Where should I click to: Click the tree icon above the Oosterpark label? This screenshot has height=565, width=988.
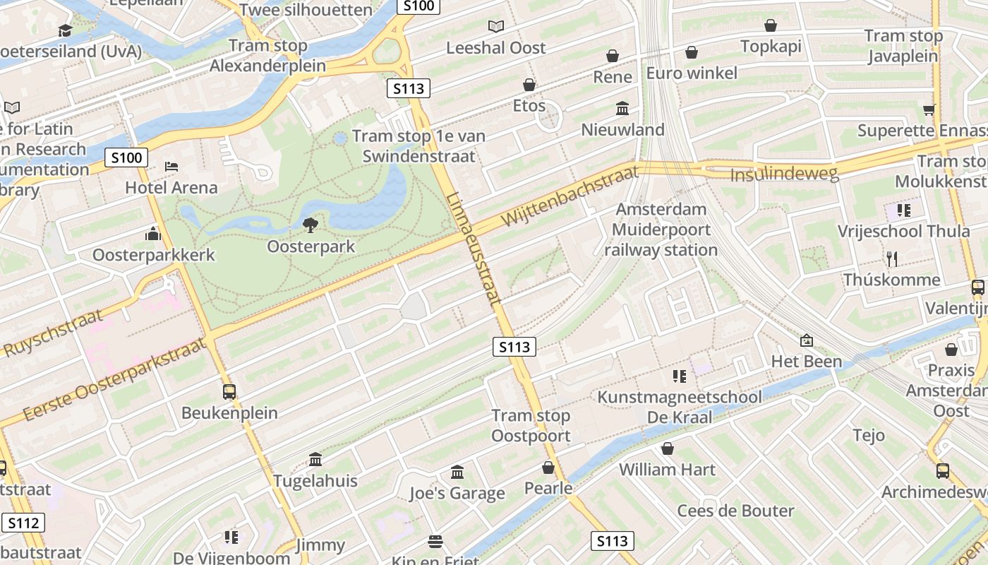click(310, 225)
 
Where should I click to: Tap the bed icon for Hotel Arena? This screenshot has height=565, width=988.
click(171, 167)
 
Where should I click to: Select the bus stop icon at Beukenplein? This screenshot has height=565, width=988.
click(229, 391)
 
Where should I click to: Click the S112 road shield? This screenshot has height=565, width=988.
click(23, 523)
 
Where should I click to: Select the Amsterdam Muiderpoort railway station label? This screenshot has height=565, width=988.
click(661, 230)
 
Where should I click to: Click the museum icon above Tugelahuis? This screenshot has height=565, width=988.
click(315, 460)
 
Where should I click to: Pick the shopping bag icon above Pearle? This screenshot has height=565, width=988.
click(548, 468)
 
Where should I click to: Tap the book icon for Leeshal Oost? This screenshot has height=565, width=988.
click(496, 26)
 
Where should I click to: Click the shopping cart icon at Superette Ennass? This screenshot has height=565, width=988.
click(929, 109)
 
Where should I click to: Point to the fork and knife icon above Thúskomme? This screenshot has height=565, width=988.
click(892, 258)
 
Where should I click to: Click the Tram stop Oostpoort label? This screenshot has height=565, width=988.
click(531, 425)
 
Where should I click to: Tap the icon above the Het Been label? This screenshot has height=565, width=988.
click(807, 340)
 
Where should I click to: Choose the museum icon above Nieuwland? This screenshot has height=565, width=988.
click(622, 109)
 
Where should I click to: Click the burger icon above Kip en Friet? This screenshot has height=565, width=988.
click(435, 542)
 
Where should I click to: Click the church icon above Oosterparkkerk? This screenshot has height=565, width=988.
click(153, 234)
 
